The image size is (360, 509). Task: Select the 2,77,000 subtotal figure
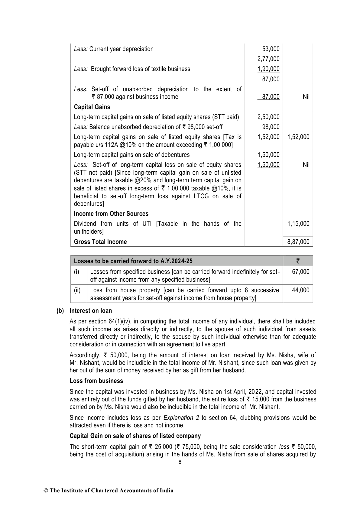click(x=268, y=59)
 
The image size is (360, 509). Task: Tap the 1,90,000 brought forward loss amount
click(x=268, y=69)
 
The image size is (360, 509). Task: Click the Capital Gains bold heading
click(x=92, y=107)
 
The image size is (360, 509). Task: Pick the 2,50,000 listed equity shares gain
click(x=268, y=117)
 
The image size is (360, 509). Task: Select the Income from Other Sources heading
click(x=111, y=214)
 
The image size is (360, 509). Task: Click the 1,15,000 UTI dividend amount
click(x=298, y=224)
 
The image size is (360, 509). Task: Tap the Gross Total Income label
click(x=100, y=242)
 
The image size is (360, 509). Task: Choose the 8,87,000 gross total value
click(x=298, y=242)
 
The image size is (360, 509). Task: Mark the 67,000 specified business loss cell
click(x=301, y=271)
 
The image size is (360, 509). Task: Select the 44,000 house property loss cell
click(x=301, y=290)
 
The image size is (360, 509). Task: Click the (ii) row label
click(x=77, y=290)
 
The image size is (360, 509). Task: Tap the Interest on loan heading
click(x=91, y=311)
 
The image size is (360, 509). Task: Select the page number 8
click(x=180, y=462)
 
